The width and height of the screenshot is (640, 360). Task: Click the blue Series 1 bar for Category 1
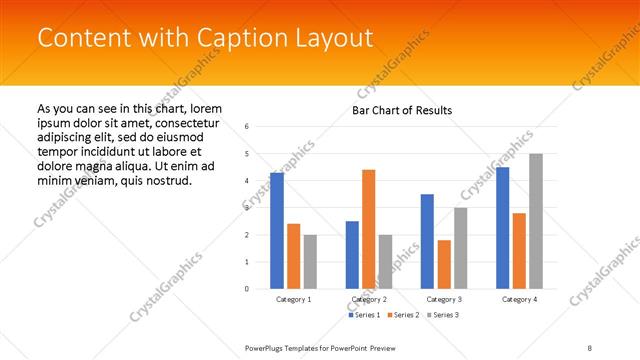point(277,231)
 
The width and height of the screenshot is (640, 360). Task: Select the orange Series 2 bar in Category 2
point(369,229)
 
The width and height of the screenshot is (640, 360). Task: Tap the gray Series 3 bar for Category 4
point(536,221)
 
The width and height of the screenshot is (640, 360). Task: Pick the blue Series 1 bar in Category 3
point(427,241)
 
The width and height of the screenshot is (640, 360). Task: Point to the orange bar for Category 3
point(444,264)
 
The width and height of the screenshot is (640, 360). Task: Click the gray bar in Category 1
point(310,262)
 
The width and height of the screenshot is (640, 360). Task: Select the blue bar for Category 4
point(503,228)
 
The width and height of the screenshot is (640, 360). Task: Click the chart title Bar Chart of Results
point(402,110)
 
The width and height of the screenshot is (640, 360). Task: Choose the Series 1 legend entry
point(365,315)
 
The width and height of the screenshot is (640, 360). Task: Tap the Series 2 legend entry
point(402,315)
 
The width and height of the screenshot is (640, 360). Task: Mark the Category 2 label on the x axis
point(369,299)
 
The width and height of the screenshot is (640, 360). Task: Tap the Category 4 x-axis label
point(520,299)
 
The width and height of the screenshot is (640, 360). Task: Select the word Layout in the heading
point(329,38)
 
